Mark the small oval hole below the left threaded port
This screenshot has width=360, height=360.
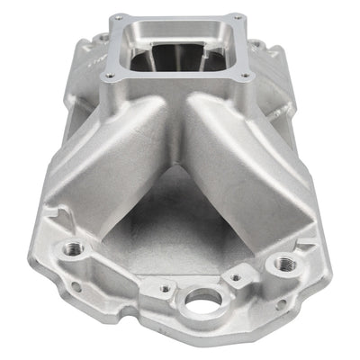[76, 287]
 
